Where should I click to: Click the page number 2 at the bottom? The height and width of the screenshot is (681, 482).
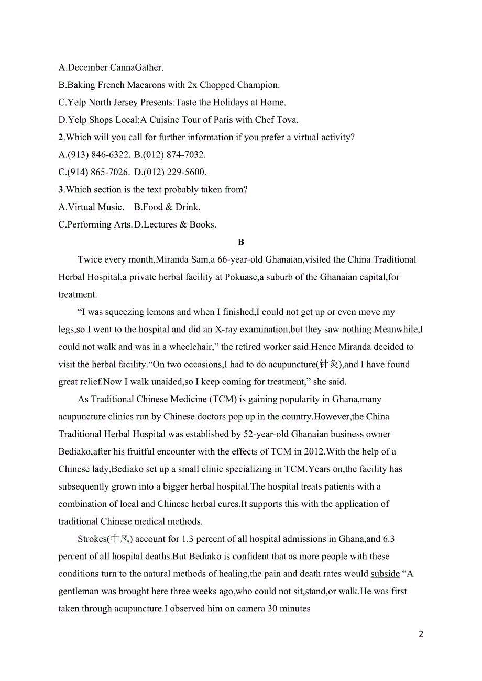tap(421, 634)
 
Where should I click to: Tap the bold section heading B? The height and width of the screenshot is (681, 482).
tap(241, 242)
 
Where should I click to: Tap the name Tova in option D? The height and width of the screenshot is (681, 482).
tap(286, 120)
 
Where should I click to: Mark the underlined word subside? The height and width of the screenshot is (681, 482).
tap(385, 574)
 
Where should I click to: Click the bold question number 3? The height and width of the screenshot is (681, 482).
tap(61, 189)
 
